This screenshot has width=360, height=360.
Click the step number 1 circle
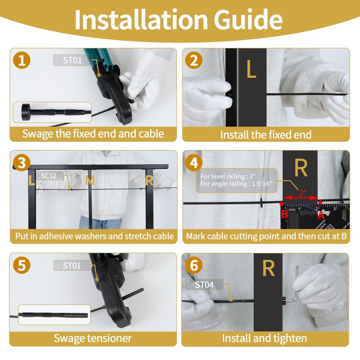pyautogui.click(x=22, y=60)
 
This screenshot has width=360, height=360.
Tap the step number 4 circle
pyautogui.click(x=194, y=163)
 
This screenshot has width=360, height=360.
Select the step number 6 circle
pyautogui.click(x=194, y=265)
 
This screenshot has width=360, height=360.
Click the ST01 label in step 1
pyautogui.click(x=72, y=60)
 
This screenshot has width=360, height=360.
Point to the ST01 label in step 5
pyautogui.click(x=72, y=265)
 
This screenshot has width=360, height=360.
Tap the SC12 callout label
pyautogui.click(x=49, y=176)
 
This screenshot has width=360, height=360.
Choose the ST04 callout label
pyautogui.click(x=204, y=285)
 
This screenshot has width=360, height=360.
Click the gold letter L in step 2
pyautogui.click(x=251, y=69)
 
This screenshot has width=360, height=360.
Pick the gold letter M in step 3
pyautogui.click(x=90, y=180)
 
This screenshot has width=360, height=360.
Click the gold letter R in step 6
pyautogui.click(x=268, y=268)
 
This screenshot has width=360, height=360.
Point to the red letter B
pyautogui.click(x=284, y=214)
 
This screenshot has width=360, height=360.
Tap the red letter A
pyautogui.click(x=321, y=215)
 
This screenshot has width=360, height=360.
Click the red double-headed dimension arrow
pyautogui.click(x=301, y=198)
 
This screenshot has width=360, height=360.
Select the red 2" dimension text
pyautogui.click(x=302, y=193)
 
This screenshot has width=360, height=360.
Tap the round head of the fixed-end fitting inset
pyautogui.click(x=26, y=112)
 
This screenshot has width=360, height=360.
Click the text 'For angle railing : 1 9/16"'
pyautogui.click(x=236, y=184)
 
